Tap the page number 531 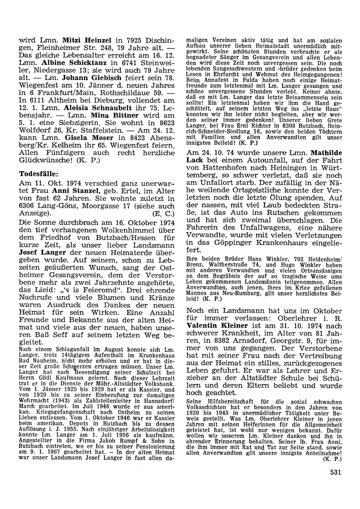335,473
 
